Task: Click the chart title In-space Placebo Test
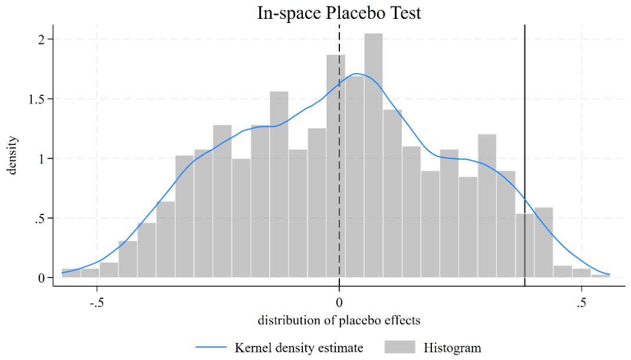[x=339, y=13]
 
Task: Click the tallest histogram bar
[x=374, y=156]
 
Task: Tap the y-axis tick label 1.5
[x=37, y=99]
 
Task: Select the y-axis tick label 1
[x=41, y=158]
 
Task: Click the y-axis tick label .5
[x=39, y=219]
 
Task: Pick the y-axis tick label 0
[x=41, y=278]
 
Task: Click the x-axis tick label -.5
[x=97, y=302]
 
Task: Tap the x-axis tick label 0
[x=339, y=302]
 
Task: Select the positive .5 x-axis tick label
[x=581, y=302]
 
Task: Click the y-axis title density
[x=12, y=156]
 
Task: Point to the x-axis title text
[x=339, y=320]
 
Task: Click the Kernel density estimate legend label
[x=299, y=348]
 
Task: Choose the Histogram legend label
[x=452, y=348]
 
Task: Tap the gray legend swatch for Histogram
[x=399, y=347]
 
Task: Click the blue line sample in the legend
[x=212, y=347]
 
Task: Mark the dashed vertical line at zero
[x=339, y=156]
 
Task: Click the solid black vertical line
[x=525, y=156]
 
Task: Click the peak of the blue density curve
[x=356, y=74]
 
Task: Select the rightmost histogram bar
[x=600, y=276]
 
